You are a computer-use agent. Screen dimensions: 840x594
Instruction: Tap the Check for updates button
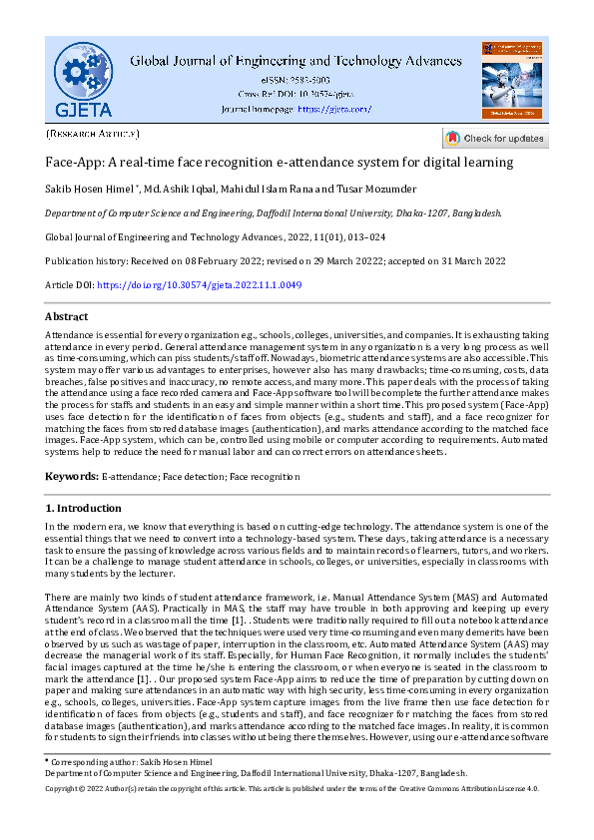coord(495,138)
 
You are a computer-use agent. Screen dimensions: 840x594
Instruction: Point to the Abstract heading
coord(67,316)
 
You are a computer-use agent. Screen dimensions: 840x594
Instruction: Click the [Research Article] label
coord(93,132)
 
